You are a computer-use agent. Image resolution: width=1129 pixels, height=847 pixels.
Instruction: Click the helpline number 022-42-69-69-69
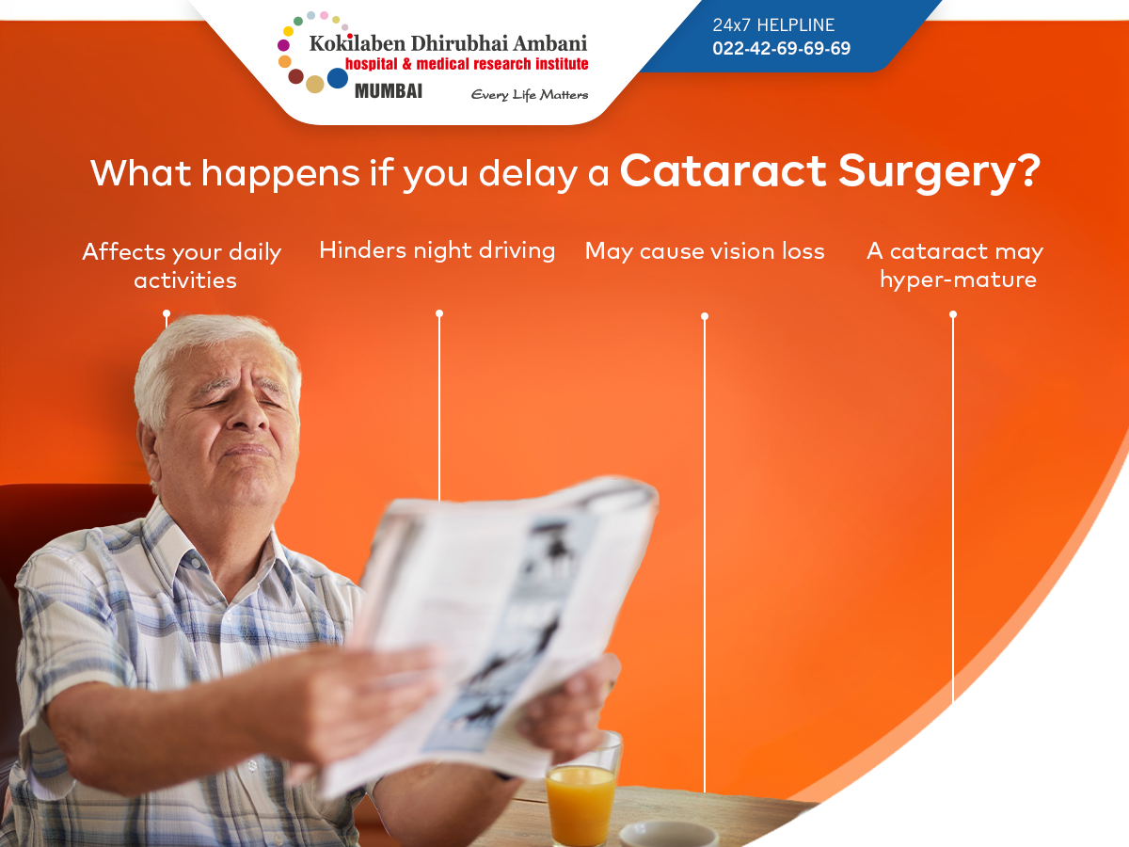781,48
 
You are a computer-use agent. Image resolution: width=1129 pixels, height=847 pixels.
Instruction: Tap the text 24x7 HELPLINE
773,24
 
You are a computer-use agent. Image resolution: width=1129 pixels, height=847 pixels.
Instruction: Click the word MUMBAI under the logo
389,91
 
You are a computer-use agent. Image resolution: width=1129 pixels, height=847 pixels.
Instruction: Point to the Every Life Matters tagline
530,95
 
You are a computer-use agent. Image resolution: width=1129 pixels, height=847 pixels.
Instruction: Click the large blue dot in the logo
338,78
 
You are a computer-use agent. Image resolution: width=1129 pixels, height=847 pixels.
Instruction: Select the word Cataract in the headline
724,171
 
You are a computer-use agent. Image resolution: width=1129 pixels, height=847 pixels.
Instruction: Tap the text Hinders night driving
437,251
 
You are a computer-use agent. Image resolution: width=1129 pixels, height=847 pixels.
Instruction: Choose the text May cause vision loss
705,251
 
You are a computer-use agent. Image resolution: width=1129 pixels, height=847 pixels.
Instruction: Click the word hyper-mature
958,280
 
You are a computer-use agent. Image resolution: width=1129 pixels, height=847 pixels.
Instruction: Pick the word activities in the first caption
185,280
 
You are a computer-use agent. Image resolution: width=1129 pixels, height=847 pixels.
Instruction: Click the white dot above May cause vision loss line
705,316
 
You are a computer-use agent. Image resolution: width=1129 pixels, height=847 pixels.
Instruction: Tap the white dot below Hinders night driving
439,313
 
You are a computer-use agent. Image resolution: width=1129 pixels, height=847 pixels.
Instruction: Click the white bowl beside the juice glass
669,834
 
